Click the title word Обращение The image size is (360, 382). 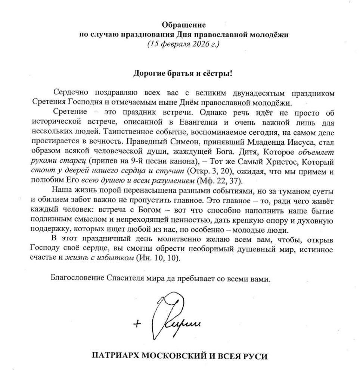click(x=183, y=25)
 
